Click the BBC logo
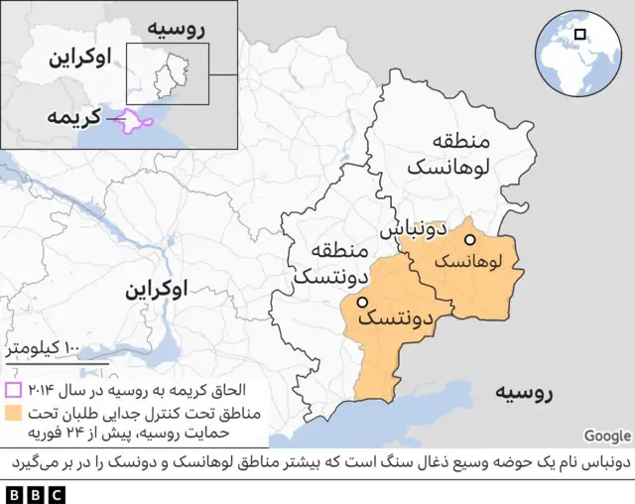point(34,492)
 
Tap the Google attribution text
point(606,436)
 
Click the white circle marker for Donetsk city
point(363,303)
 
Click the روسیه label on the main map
point(525,392)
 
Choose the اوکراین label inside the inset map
point(79,57)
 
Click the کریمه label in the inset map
point(75,118)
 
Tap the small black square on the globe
point(579,36)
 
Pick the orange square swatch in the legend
point(15,412)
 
